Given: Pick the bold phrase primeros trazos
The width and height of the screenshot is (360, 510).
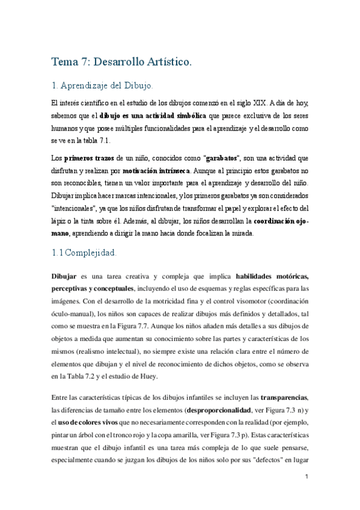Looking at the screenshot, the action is pyautogui.click(x=89, y=158).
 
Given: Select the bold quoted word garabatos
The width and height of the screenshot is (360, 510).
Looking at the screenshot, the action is pyautogui.click(x=221, y=158).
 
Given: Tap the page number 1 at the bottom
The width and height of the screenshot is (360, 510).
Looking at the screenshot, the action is pyautogui.click(x=307, y=477).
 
